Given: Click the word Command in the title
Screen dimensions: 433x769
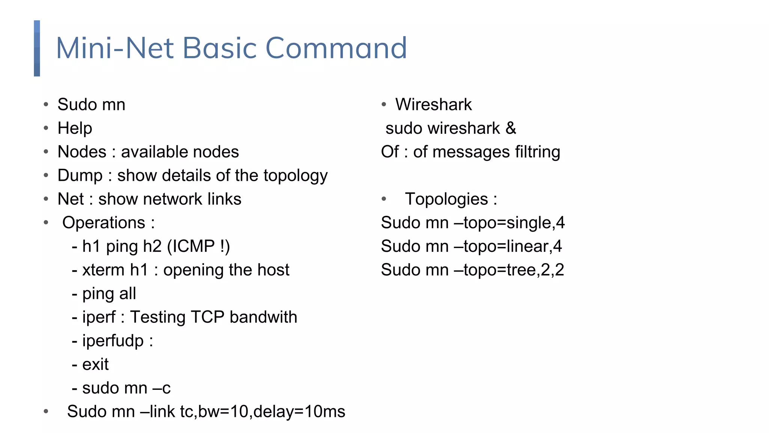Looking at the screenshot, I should point(336,48).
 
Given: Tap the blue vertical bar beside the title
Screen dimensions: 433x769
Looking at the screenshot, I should point(37,48).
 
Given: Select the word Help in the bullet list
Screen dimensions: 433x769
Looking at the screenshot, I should point(75,128).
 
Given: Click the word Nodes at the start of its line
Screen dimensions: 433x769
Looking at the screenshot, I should point(82,152).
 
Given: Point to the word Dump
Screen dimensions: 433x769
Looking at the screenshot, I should point(80,176).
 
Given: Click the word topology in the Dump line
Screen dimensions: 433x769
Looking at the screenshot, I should point(296,176).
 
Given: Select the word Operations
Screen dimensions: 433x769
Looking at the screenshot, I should point(104,223).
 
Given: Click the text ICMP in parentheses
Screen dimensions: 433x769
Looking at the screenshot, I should point(191,247).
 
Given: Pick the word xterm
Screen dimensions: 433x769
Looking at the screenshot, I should point(103,270).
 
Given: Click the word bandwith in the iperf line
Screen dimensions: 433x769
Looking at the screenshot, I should point(263,317).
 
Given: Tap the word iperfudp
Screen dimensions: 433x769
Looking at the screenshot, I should point(113,341).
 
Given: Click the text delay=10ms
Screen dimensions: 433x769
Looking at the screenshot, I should point(299,412).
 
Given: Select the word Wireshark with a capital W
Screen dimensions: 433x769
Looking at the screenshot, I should point(433,104).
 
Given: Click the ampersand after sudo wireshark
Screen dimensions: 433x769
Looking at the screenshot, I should point(511,128).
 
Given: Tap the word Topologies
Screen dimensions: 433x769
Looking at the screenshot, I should point(446,199).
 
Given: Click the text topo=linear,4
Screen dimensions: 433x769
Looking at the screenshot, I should point(513,247).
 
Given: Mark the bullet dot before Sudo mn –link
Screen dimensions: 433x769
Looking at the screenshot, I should point(46,411).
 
